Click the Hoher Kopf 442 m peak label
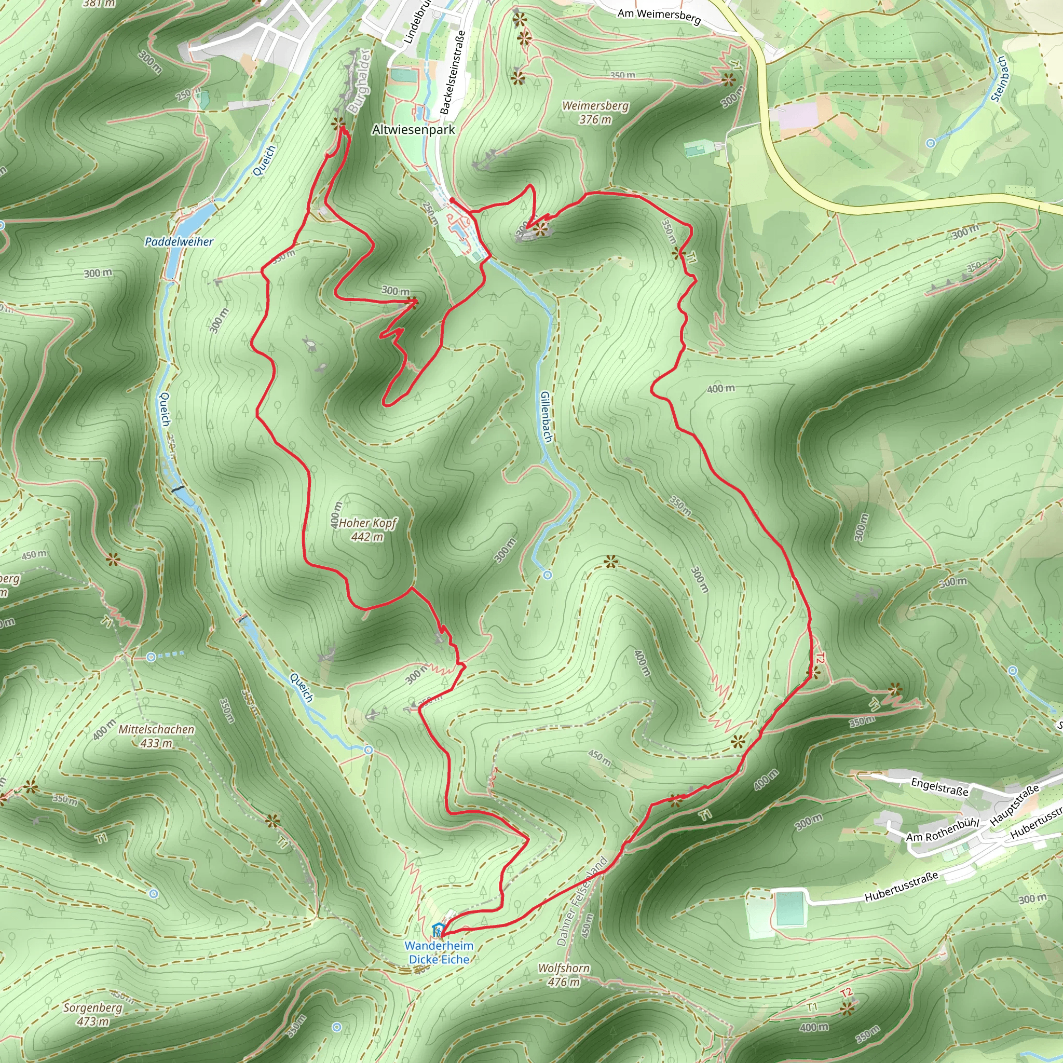(367, 529)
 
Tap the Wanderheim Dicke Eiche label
(439, 952)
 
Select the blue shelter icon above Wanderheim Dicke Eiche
(438, 930)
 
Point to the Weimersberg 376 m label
(595, 112)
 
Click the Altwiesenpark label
(413, 130)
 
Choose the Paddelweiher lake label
(179, 241)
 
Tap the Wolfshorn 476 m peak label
(564, 975)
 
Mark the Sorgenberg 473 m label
(92, 1015)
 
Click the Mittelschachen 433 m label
(157, 736)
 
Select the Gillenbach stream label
(546, 417)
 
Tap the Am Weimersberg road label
(659, 17)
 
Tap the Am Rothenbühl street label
(943, 830)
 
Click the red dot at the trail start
(452, 200)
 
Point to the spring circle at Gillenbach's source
(548, 575)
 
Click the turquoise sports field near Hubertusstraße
(789, 909)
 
